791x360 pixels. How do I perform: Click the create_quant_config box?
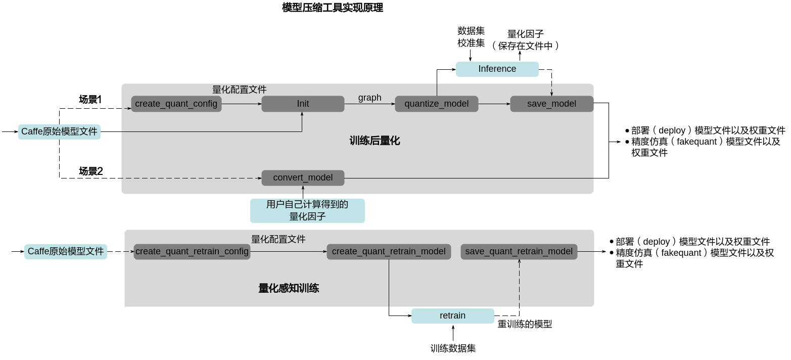coord(176,104)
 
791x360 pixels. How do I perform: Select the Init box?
coord(303,104)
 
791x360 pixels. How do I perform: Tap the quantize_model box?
coord(437,104)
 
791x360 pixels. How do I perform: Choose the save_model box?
coord(551,104)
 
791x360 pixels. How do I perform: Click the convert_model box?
coord(303,177)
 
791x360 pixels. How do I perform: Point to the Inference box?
coord(497,69)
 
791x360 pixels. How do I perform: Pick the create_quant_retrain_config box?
coord(192,251)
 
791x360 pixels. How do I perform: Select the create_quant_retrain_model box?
coord(389,251)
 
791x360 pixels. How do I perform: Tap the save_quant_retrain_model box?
coord(519,251)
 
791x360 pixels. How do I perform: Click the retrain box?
coord(453,316)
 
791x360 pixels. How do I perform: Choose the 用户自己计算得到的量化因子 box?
coord(307,210)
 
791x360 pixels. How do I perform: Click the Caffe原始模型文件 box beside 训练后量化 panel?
coord(59,132)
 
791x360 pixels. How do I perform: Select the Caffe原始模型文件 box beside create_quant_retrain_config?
coord(66,251)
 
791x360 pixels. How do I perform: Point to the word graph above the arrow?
coord(370,98)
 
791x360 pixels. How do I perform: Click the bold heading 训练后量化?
coord(375,141)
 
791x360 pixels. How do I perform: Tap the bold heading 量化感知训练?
coord(289,288)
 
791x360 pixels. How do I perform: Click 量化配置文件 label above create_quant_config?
coord(239,89)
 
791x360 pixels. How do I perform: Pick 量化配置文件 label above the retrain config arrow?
coord(278,239)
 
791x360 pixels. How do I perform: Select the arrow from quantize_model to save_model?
coord(494,104)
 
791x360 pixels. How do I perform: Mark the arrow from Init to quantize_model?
coord(369,104)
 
